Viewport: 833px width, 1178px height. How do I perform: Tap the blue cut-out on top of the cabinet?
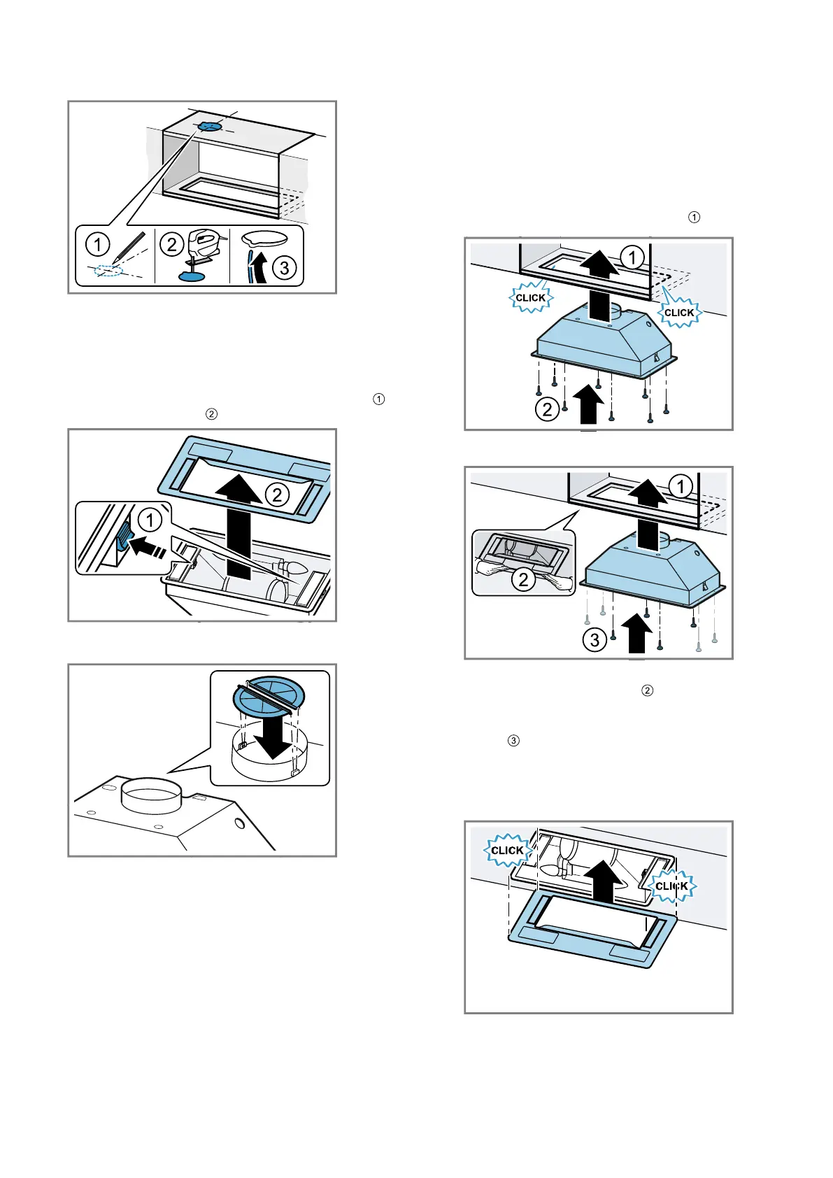(208, 127)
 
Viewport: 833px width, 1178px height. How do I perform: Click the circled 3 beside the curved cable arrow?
(284, 267)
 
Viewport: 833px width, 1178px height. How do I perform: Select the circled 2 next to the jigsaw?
(171, 244)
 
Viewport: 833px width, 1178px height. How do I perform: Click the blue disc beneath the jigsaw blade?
(192, 276)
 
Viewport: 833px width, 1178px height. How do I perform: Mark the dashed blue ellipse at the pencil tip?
(108, 271)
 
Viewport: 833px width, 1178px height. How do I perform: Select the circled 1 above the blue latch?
(150, 520)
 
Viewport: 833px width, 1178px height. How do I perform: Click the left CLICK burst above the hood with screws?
(530, 298)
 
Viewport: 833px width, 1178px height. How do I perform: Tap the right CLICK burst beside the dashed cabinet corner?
(679, 312)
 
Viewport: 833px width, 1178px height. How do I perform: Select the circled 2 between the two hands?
(523, 579)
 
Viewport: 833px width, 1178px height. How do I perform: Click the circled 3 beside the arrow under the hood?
(595, 639)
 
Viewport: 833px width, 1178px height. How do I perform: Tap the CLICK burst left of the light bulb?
(507, 850)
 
